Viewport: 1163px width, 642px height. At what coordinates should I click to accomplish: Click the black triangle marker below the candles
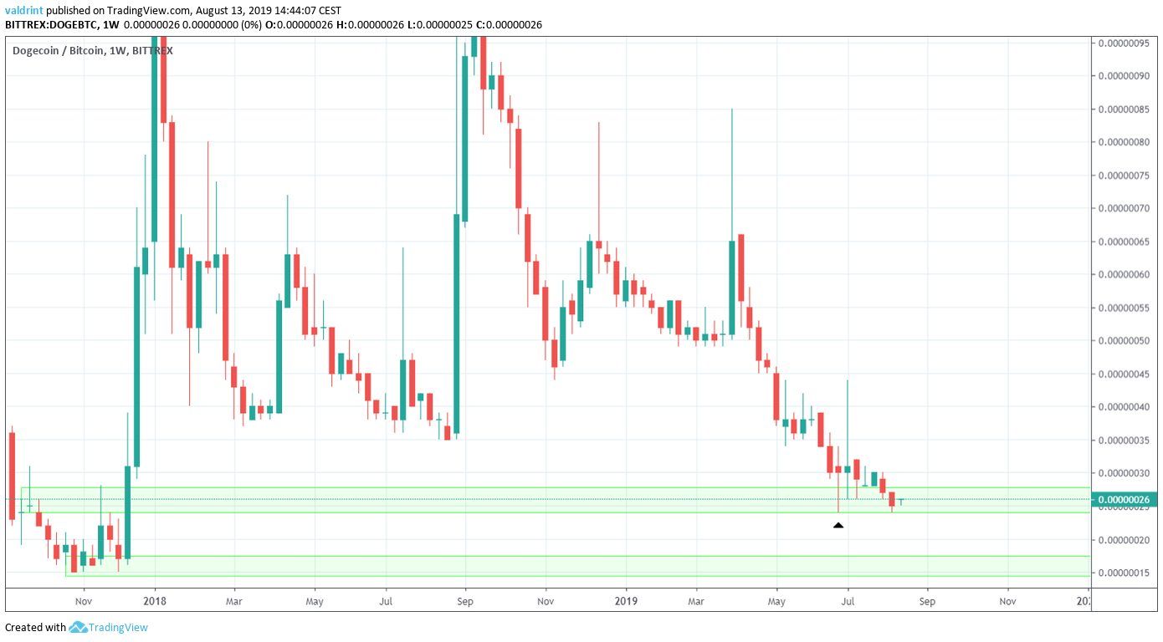pyautogui.click(x=838, y=525)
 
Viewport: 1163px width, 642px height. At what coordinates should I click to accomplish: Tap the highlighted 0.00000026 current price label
pyautogui.click(x=1126, y=500)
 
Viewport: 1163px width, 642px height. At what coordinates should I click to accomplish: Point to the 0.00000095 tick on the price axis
pyautogui.click(x=1126, y=43)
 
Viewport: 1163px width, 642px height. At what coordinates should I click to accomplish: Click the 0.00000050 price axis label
pyautogui.click(x=1126, y=341)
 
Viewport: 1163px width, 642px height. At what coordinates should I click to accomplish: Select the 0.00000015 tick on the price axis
pyautogui.click(x=1126, y=573)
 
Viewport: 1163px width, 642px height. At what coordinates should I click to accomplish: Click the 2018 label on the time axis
pyautogui.click(x=154, y=600)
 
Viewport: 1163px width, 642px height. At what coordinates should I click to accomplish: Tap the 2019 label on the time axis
pyautogui.click(x=626, y=600)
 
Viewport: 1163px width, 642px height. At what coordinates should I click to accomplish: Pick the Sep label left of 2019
pyautogui.click(x=466, y=600)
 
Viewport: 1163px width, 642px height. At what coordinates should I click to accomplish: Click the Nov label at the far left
pyautogui.click(x=83, y=600)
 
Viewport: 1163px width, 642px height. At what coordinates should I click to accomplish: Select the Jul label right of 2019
pyautogui.click(x=848, y=600)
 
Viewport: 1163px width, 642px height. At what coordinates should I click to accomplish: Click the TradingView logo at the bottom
pyautogui.click(x=109, y=627)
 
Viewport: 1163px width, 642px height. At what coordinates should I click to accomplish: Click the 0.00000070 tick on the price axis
pyautogui.click(x=1126, y=208)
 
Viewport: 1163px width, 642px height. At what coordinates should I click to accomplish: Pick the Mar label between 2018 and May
pyautogui.click(x=235, y=600)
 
